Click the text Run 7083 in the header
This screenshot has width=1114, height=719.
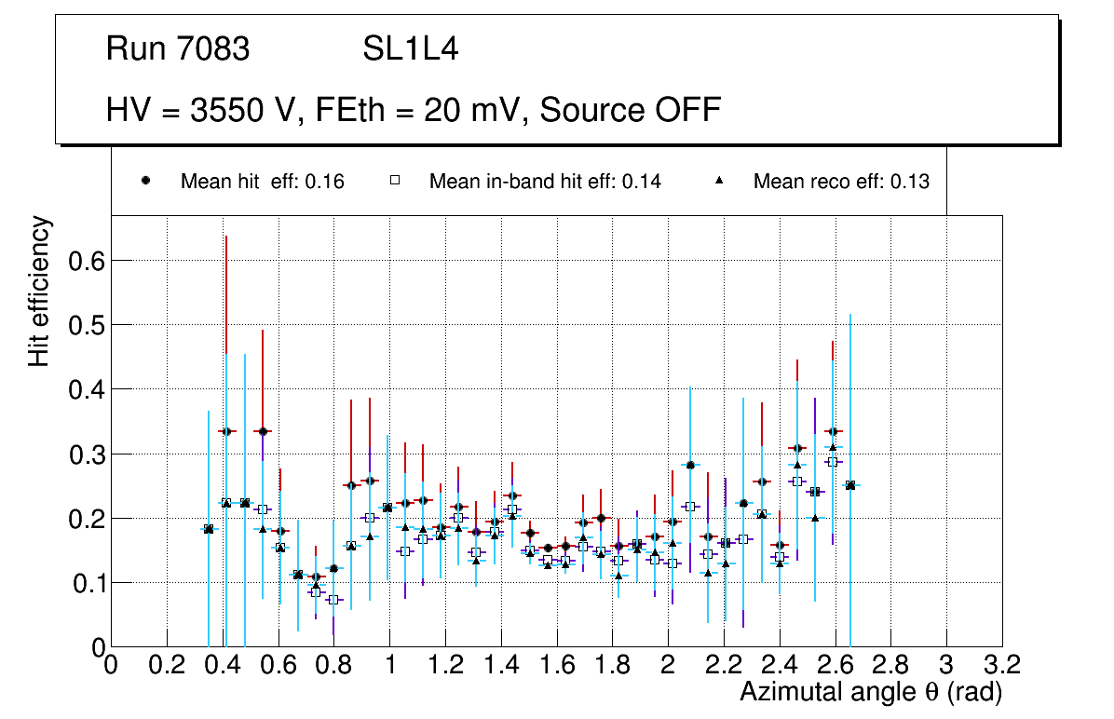[x=178, y=49]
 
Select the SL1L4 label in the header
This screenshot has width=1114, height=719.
[x=410, y=49]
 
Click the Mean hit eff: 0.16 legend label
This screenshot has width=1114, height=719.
[x=263, y=182]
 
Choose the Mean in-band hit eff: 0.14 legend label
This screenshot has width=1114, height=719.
[x=545, y=182]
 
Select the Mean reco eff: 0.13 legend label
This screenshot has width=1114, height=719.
[x=841, y=182]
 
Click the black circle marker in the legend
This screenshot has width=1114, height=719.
[x=146, y=181]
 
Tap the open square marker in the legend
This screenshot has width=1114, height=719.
[x=394, y=181]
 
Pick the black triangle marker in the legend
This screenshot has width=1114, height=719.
[x=719, y=181]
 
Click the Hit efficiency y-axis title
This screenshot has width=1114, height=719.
[x=39, y=291]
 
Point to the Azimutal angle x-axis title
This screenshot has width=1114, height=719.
[x=871, y=692]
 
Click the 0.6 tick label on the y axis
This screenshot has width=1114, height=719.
[x=87, y=261]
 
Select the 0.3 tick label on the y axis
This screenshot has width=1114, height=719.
[x=87, y=454]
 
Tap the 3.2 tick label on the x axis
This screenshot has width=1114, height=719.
[x=1002, y=665]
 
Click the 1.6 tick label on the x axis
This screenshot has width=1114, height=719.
[x=556, y=665]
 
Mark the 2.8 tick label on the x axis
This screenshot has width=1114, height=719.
[x=890, y=665]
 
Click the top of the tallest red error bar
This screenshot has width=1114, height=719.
[x=225, y=237]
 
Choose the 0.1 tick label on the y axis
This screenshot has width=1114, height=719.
[x=87, y=583]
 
